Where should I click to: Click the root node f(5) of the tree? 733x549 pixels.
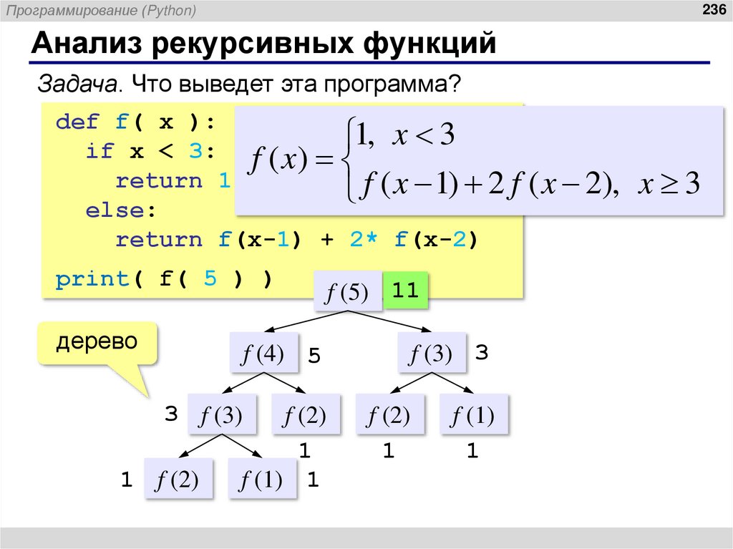[347, 292]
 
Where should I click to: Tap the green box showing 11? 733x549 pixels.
[405, 291]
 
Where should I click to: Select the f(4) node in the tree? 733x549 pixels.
[263, 354]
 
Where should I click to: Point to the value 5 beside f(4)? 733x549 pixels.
[314, 356]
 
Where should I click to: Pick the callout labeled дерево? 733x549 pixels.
[97, 341]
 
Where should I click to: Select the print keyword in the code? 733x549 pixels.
[92, 278]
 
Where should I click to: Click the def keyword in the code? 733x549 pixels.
[77, 122]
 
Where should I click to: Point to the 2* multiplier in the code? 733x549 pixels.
[364, 240]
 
